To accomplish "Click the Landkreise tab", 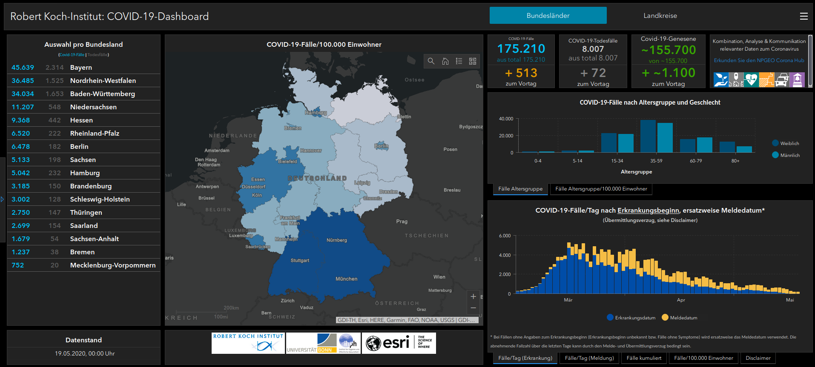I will [x=660, y=16].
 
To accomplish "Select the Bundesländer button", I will [x=548, y=16].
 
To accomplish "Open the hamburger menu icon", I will [x=804, y=16].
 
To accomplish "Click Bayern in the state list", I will [x=81, y=68].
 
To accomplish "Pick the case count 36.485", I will [x=23, y=81].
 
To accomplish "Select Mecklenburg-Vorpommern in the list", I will [x=112, y=265].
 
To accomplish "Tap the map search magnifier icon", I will [x=431, y=61].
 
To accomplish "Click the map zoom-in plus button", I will [x=473, y=296].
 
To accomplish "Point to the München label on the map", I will [x=346, y=279].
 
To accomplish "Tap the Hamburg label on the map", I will [x=316, y=113].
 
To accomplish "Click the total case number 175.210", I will [x=521, y=49].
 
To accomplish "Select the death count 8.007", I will [x=593, y=49].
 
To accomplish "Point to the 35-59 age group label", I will [x=656, y=161].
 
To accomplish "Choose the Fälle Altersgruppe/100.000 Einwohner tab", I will [x=601, y=189].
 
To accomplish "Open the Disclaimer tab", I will [x=758, y=358].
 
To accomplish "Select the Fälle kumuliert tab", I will [x=644, y=358].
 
